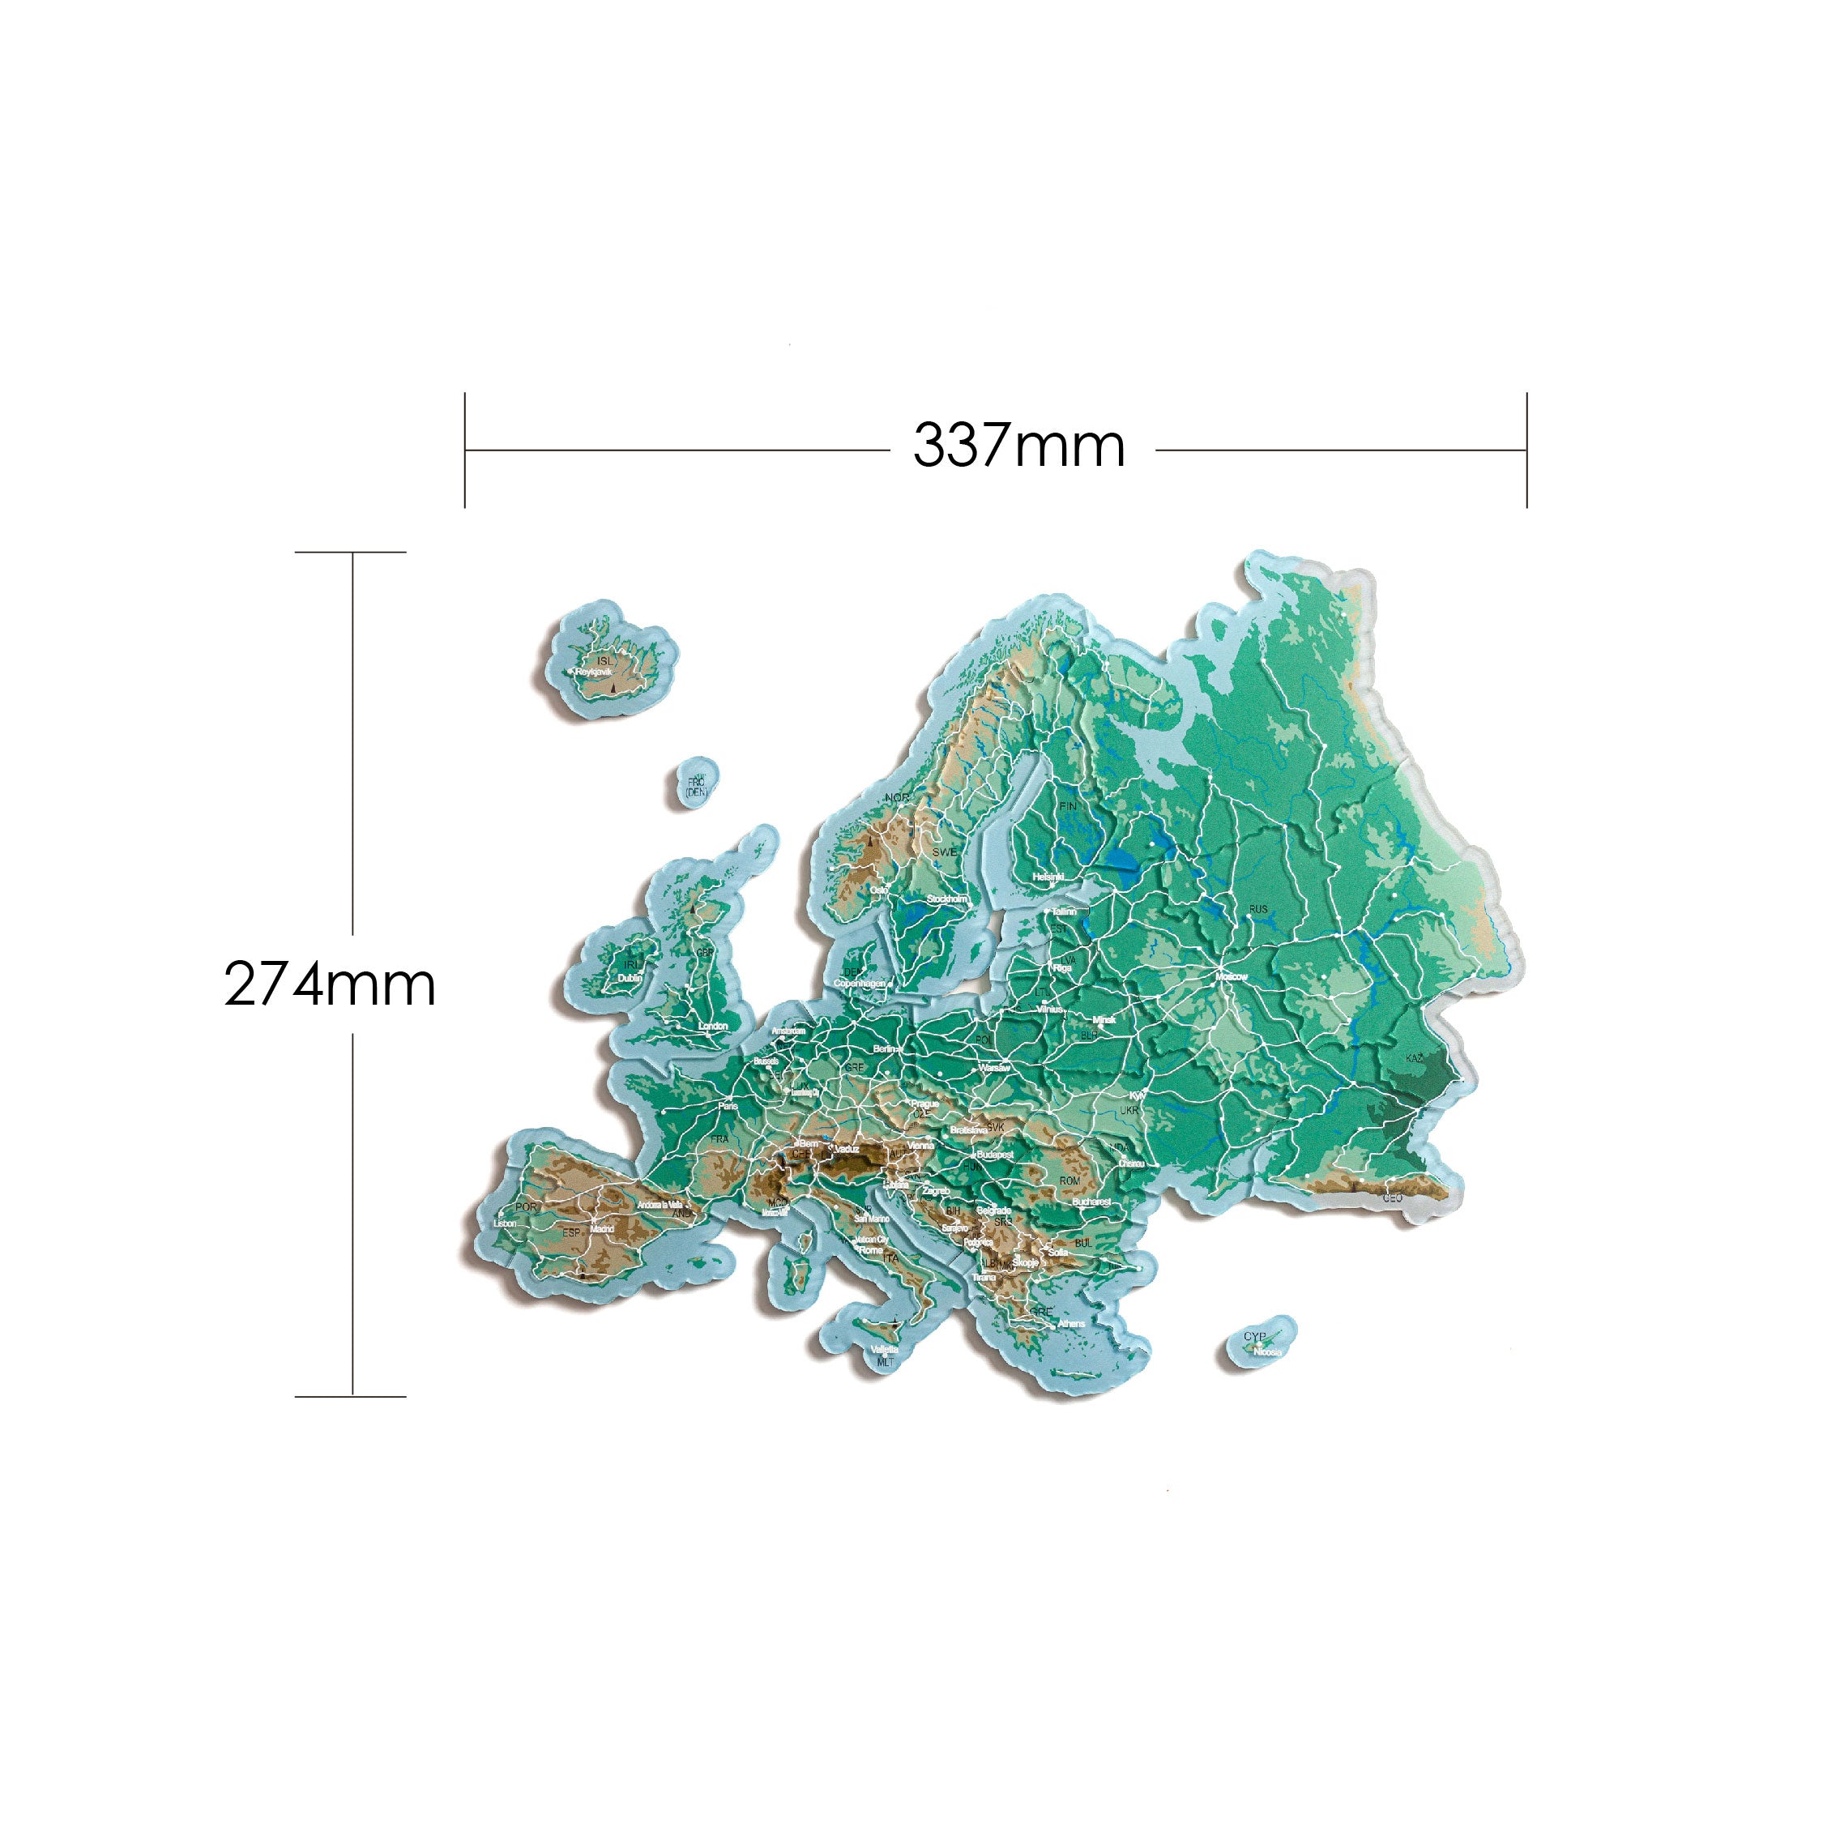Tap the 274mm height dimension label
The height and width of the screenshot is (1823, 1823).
[329, 984]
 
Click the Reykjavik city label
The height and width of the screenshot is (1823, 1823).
[594, 672]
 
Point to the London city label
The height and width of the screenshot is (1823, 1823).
[712, 1027]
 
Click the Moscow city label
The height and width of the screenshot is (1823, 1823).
[1232, 976]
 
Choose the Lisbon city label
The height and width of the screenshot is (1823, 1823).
[505, 1223]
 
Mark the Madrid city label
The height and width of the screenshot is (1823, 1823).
[601, 1229]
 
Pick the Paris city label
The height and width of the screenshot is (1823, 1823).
[728, 1106]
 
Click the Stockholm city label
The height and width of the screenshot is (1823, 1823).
[947, 899]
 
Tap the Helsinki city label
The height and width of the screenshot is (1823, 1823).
[1048, 877]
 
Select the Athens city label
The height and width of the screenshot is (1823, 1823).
[1071, 1324]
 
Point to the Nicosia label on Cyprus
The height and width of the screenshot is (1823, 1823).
[1267, 1352]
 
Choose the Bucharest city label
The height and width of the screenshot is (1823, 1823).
[1091, 1202]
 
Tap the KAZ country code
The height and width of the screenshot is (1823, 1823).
[1415, 1059]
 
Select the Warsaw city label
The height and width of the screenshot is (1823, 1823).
[994, 1068]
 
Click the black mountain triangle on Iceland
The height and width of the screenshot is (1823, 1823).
[612, 688]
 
